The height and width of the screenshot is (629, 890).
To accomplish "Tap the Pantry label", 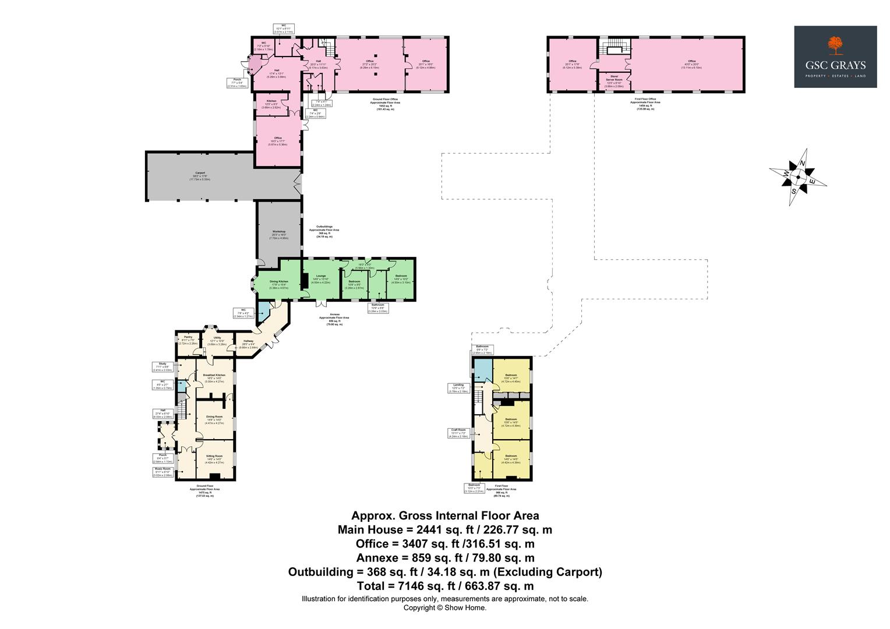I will pyautogui.click(x=188, y=338).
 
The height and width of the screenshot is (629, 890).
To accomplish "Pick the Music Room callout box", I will pyautogui.click(x=163, y=472).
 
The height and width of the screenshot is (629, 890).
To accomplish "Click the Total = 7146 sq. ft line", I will pyautogui.click(x=445, y=586).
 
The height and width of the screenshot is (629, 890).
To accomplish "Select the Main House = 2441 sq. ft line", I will pyautogui.click(x=445, y=530).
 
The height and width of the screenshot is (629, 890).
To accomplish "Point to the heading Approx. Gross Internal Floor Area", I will pyautogui.click(x=445, y=516).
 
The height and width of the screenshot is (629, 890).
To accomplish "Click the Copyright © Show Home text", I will pyautogui.click(x=445, y=607).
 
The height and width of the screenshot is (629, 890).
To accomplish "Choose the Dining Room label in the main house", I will pyautogui.click(x=215, y=418).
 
